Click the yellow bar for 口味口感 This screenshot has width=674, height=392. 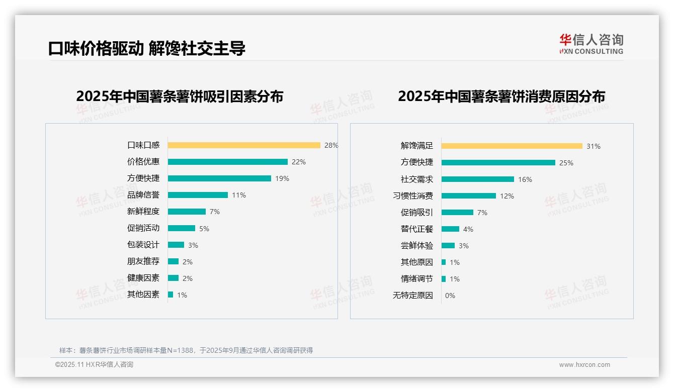click(244, 145)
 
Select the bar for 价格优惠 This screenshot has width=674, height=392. click(228, 162)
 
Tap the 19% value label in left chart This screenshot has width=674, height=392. click(282, 178)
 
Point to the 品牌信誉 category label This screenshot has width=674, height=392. click(143, 195)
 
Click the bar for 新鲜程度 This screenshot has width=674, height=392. click(187, 212)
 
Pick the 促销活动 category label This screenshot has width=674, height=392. click(143, 228)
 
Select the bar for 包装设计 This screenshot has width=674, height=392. click(176, 245)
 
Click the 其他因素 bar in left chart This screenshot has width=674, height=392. click(171, 295)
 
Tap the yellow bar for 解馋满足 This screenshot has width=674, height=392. click(512, 146)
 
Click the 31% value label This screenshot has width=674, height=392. click(594, 146)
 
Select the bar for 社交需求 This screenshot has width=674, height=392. click(478, 179)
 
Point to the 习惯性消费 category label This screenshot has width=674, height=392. click(413, 196)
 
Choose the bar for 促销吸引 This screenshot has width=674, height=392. click(458, 213)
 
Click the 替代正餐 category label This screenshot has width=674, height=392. click(417, 229)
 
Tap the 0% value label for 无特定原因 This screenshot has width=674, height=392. click(450, 296)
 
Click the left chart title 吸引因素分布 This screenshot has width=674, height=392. click(180, 96)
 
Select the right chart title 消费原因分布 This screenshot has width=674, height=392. click(501, 96)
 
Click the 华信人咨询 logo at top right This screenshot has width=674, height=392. click(592, 44)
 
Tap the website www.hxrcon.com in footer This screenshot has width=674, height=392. click(584, 365)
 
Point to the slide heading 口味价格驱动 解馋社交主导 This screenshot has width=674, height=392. click(147, 48)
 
